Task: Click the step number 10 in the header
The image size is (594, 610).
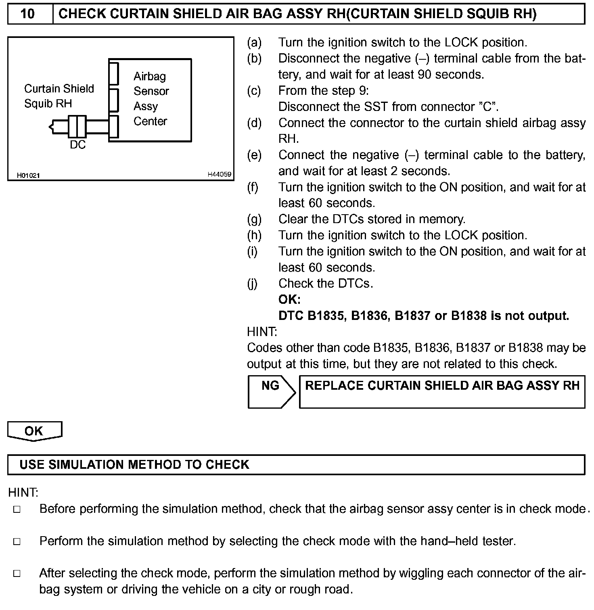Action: point(27,14)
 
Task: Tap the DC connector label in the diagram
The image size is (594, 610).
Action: point(77,145)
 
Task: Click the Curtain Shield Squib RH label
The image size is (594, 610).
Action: point(59,96)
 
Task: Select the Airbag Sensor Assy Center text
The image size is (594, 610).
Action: point(151,99)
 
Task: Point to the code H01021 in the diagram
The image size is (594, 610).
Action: point(28,175)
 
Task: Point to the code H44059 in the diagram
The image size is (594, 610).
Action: point(220,175)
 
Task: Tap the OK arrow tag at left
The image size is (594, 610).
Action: point(34,431)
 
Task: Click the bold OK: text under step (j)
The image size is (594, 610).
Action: point(289,299)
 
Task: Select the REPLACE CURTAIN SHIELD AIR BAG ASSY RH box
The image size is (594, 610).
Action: point(442,392)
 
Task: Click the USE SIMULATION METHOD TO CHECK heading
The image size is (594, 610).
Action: point(134,464)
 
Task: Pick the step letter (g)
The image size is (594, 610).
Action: point(254,219)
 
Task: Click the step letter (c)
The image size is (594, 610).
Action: point(254,91)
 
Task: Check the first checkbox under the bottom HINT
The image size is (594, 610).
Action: point(17,510)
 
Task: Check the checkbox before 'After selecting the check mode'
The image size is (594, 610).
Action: point(17,574)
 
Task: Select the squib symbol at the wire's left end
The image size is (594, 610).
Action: point(52,127)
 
